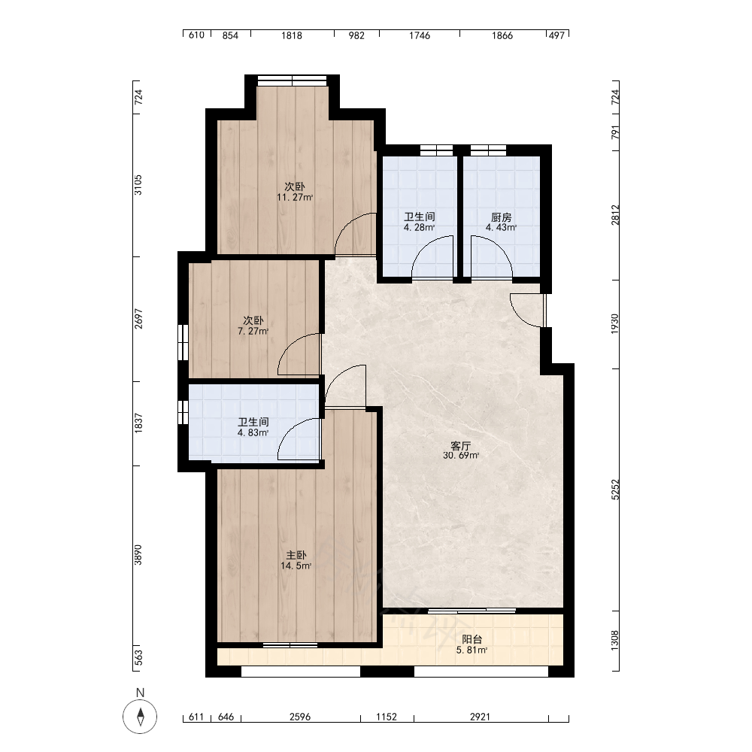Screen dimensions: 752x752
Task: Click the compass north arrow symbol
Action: coord(140,717)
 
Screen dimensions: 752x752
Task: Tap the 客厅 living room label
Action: coord(460,445)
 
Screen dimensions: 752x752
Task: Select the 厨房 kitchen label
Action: coord(501,217)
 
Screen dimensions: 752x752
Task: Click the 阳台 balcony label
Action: coord(472,639)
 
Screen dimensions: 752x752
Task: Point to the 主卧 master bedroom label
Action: coord(296,555)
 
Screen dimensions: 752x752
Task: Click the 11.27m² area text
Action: coord(295,197)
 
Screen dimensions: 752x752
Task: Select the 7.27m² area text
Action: coord(253,331)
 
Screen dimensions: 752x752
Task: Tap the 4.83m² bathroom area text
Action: coord(253,432)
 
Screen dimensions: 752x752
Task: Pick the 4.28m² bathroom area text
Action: coord(419,227)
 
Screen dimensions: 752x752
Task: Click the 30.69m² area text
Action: coord(461,456)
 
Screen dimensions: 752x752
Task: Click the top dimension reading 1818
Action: coord(292,35)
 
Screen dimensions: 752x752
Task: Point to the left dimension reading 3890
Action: coord(138,555)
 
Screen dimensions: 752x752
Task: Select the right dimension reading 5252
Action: coord(615,490)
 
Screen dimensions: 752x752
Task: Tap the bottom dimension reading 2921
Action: coord(480,717)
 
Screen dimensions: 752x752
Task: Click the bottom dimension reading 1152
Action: coord(387,717)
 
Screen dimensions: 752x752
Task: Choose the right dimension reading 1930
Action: coord(615,324)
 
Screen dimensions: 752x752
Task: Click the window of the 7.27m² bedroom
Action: coord(183,342)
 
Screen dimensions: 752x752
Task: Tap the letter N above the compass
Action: coord(140,693)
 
